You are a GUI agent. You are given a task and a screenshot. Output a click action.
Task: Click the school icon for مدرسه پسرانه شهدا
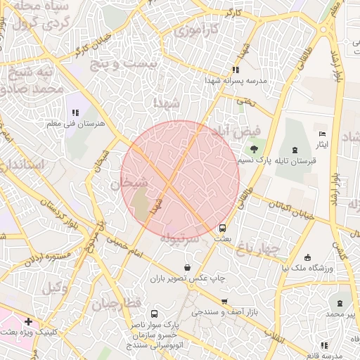point(236,70)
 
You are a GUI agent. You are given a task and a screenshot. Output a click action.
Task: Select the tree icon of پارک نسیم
point(252,148)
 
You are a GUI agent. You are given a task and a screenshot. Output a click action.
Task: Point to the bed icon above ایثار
point(322,134)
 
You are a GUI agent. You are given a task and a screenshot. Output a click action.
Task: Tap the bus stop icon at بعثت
point(222,228)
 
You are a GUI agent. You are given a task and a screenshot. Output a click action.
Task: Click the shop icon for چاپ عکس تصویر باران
point(187,267)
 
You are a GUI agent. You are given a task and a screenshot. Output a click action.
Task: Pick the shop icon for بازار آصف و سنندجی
point(224,301)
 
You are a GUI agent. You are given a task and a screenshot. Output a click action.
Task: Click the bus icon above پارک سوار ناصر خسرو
point(154,314)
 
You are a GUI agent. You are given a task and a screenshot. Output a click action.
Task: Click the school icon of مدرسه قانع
point(323,345)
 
